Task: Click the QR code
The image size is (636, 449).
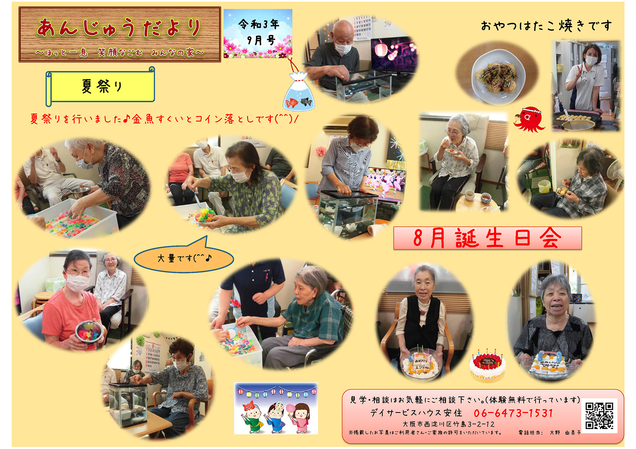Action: pos(599,416)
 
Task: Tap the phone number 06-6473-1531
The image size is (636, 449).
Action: pos(513,413)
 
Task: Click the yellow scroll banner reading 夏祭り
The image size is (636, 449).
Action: pos(100,86)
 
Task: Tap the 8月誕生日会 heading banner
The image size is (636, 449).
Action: pos(487,238)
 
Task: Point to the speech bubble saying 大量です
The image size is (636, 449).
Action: pos(184,255)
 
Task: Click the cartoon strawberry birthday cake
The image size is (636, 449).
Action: pos(487,366)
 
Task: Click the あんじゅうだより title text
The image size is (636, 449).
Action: pos(119,28)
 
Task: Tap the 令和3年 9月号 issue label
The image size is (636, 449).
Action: pos(258,33)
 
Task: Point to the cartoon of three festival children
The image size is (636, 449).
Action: pos(276,408)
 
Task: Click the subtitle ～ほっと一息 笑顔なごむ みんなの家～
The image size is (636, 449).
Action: pos(119,52)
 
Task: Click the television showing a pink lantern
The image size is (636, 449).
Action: pos(394,54)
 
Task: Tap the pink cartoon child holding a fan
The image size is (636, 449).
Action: pos(301,417)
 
